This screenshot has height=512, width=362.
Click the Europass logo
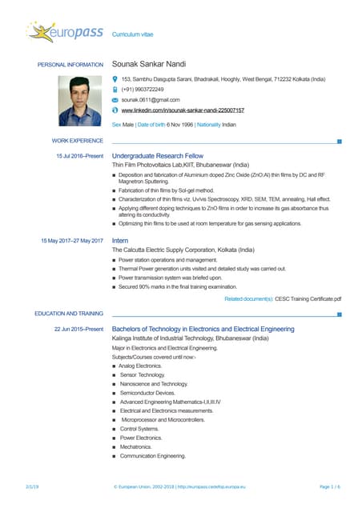click(64, 33)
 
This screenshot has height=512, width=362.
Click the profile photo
click(80, 102)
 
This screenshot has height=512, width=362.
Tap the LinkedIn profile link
click(182, 110)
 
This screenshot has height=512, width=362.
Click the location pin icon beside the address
click(115, 79)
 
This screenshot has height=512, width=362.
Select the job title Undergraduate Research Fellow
click(158, 156)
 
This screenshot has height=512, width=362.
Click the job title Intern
click(120, 240)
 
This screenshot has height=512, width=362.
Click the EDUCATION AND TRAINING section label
click(69, 314)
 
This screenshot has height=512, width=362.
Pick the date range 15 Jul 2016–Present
click(79, 156)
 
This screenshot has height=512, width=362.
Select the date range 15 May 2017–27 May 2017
click(72, 240)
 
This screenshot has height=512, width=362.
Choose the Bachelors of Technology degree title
click(203, 329)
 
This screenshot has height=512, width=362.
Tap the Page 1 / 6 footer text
click(329, 486)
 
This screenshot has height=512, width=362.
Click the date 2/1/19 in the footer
click(32, 486)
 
